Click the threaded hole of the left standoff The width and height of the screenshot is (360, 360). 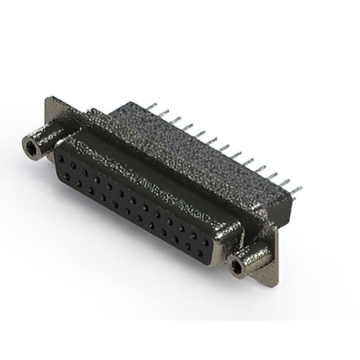click(30, 148)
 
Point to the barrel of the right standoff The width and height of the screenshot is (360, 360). click(256, 258)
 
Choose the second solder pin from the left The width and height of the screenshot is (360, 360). click(163, 113)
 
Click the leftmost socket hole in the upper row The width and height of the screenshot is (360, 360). click(60, 158)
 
